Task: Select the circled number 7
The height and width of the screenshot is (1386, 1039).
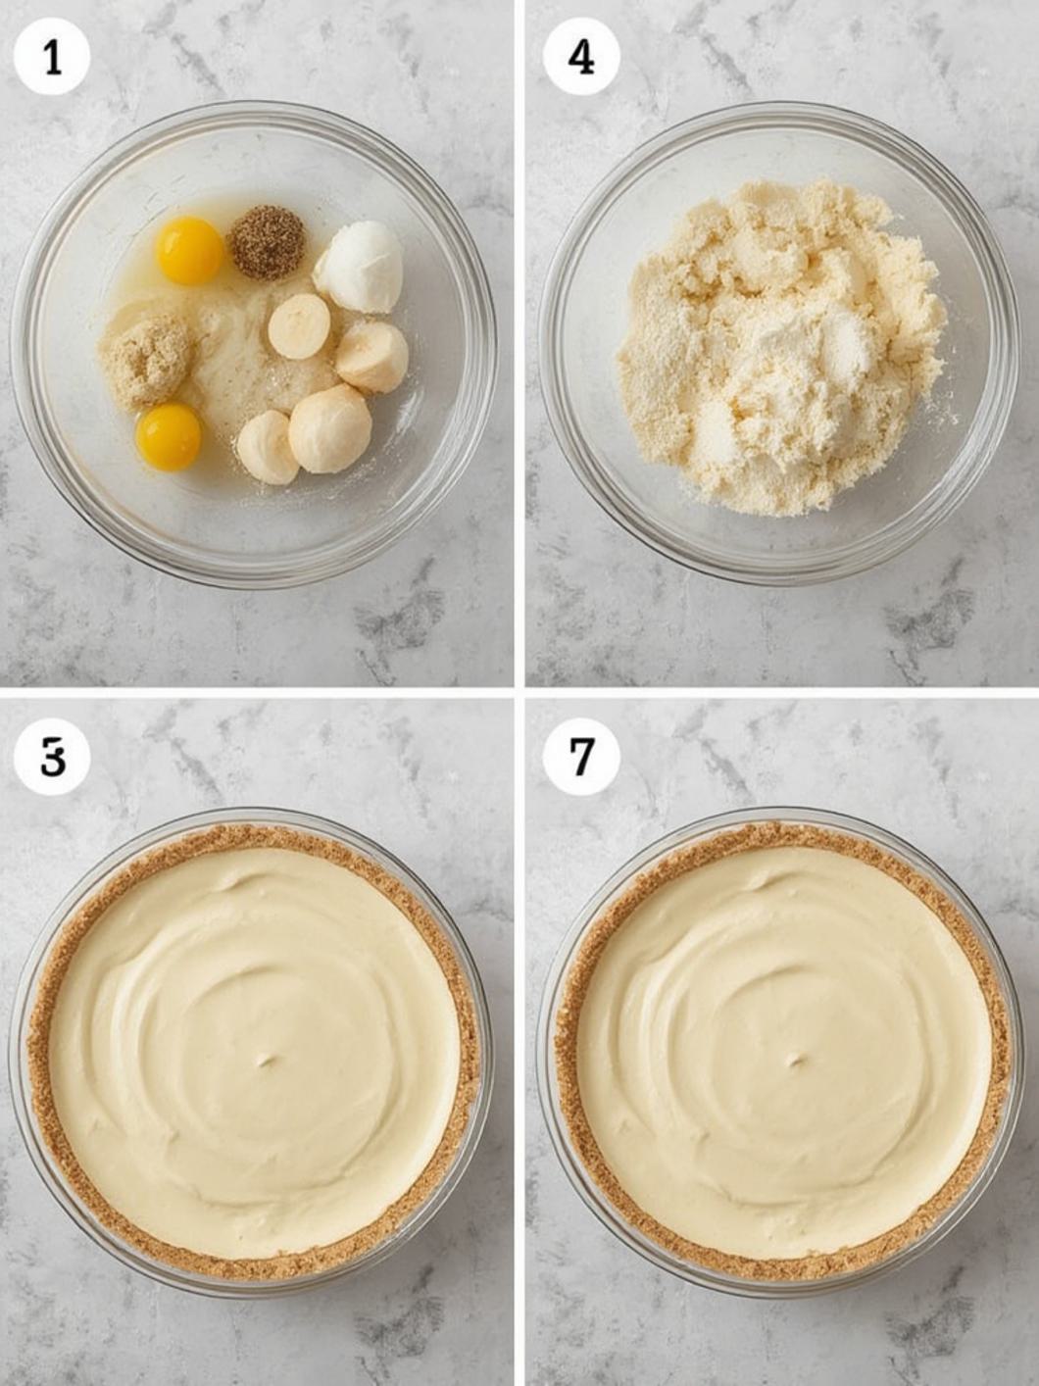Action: [x=580, y=756]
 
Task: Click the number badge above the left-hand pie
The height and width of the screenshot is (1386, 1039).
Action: [x=52, y=756]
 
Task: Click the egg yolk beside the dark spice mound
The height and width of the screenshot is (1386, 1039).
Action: [x=189, y=251]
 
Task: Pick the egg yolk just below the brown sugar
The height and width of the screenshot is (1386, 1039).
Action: [x=169, y=437]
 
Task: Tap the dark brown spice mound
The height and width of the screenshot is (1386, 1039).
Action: [x=267, y=241]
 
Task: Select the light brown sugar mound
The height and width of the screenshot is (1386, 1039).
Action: [x=148, y=360]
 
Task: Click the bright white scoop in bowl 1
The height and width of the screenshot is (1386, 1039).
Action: [x=359, y=267]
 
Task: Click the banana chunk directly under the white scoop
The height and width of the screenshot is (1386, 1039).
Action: [x=371, y=357]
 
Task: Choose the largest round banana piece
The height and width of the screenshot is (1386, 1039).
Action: [x=329, y=428]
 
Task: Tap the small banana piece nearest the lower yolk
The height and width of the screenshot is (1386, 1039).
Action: [x=267, y=447]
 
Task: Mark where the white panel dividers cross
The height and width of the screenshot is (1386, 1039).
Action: [x=519, y=692]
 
